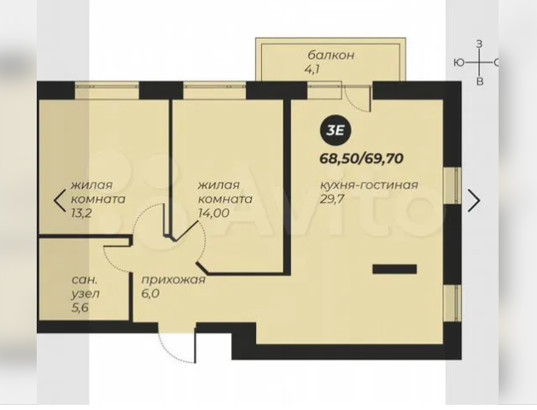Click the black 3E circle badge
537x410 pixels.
pyautogui.click(x=336, y=131)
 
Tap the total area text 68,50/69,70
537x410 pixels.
pyautogui.click(x=361, y=159)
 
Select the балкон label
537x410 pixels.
pyautogui.click(x=331, y=56)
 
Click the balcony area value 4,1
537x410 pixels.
pyautogui.click(x=312, y=69)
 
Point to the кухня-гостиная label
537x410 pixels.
pyautogui.click(x=369, y=185)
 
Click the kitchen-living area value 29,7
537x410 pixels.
pyautogui.click(x=331, y=199)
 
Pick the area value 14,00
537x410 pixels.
pyautogui.click(x=213, y=213)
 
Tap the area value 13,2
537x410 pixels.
pyautogui.click(x=81, y=213)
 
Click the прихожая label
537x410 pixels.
pyautogui.click(x=173, y=280)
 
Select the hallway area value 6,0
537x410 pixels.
pyautogui.click(x=150, y=294)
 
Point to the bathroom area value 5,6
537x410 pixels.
pyautogui.click(x=80, y=307)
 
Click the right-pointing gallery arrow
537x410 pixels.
pyautogui.click(x=475, y=201)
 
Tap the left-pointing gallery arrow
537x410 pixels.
pyautogui.click(x=60, y=201)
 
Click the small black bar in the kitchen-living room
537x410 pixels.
pyautogui.click(x=394, y=269)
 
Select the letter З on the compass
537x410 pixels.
pyautogui.click(x=480, y=44)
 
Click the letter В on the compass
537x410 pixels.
pyautogui.click(x=480, y=81)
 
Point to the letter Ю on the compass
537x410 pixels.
pyautogui.click(x=459, y=62)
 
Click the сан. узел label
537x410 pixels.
pyautogui.click(x=85, y=287)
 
